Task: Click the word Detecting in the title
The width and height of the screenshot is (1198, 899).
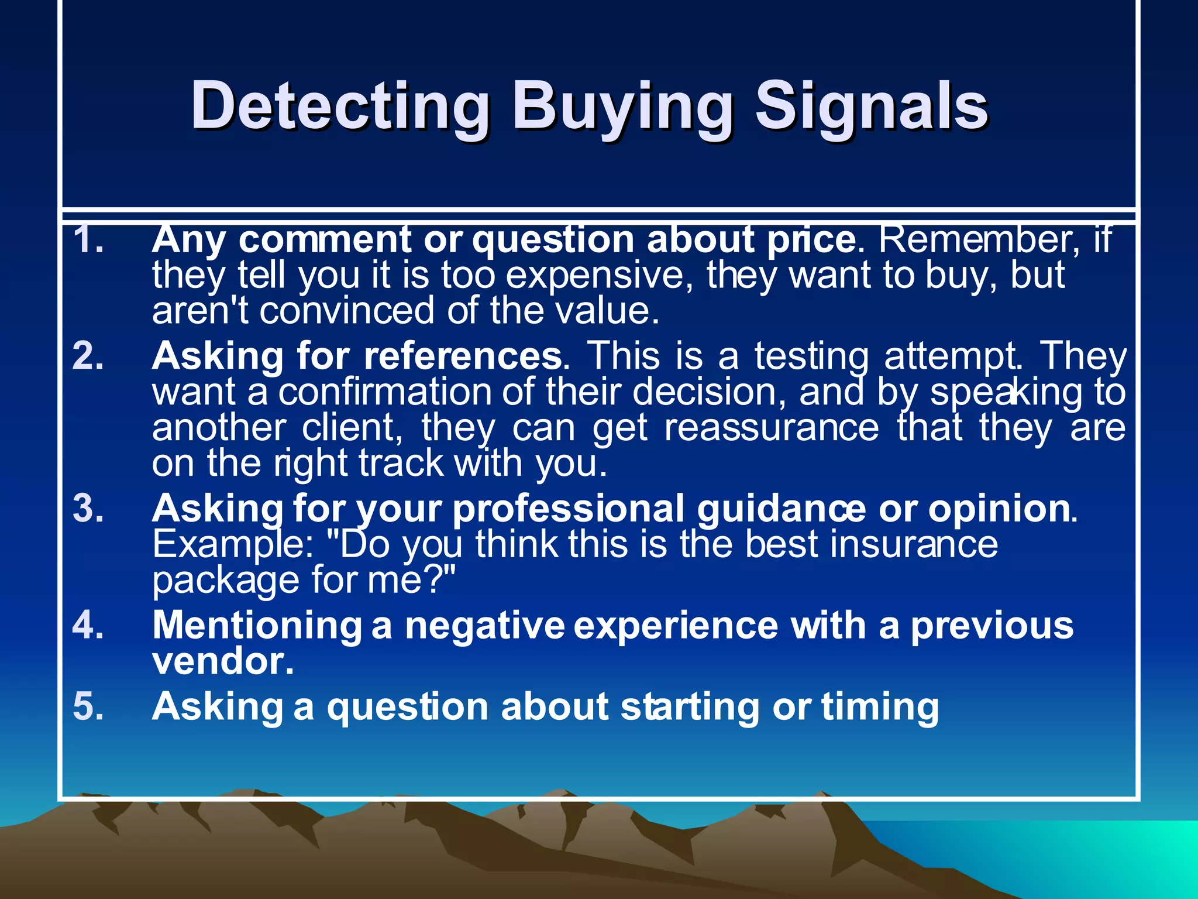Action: click(x=339, y=107)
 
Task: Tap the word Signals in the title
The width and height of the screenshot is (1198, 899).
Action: click(x=871, y=107)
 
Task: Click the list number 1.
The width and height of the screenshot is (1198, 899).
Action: click(x=88, y=240)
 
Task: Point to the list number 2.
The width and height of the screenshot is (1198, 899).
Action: click(x=88, y=356)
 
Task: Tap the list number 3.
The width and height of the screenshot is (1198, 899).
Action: click(x=88, y=508)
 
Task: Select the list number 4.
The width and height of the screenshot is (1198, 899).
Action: click(x=88, y=625)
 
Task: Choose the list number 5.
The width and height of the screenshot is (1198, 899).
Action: click(x=88, y=706)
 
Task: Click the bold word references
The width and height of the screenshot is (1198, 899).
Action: click(x=462, y=356)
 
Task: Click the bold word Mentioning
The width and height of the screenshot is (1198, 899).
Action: click(x=257, y=626)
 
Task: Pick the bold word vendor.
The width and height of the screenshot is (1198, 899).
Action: click(x=222, y=661)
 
